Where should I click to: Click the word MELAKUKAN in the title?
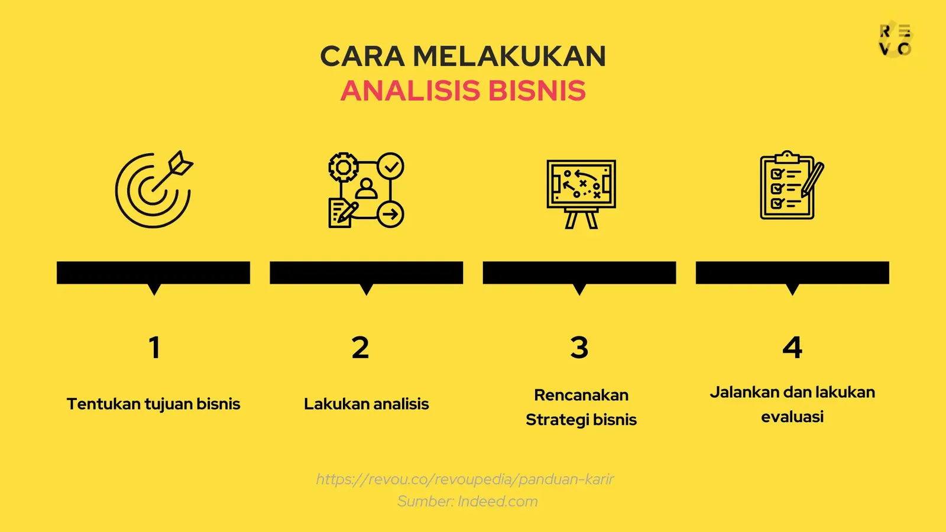pyautogui.click(x=509, y=57)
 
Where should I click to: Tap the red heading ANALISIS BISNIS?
pyautogui.click(x=463, y=91)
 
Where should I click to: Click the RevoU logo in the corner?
pyautogui.click(x=895, y=40)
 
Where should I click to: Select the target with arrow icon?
pyautogui.click(x=154, y=189)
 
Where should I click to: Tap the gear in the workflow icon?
pyautogui.click(x=343, y=167)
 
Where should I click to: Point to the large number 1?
pyautogui.click(x=154, y=348)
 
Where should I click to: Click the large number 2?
pyautogui.click(x=360, y=348)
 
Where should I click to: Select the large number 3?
pyautogui.click(x=579, y=348)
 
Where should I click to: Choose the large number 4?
pyautogui.click(x=792, y=348)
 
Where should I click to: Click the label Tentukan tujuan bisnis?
pyautogui.click(x=154, y=404)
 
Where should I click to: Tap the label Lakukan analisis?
pyautogui.click(x=367, y=404)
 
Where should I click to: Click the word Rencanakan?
pyautogui.click(x=581, y=395)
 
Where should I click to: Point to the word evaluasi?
pyautogui.click(x=792, y=417)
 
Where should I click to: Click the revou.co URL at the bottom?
pyautogui.click(x=465, y=479)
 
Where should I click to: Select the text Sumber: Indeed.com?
pyautogui.click(x=468, y=502)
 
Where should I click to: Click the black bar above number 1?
pyautogui.click(x=154, y=273)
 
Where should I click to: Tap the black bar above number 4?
pyautogui.click(x=792, y=273)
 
